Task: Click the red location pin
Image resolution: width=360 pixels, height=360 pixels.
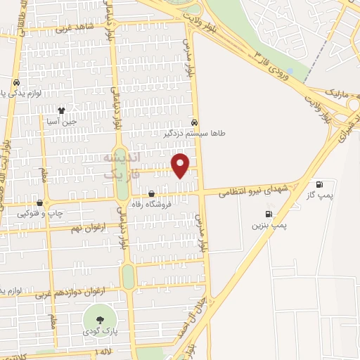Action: coord(181,165)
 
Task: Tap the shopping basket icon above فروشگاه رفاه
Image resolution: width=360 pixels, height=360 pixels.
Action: coord(152,193)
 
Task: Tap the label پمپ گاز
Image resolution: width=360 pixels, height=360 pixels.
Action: coord(324,193)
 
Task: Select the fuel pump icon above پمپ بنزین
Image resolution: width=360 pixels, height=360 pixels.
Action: coord(268,214)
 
